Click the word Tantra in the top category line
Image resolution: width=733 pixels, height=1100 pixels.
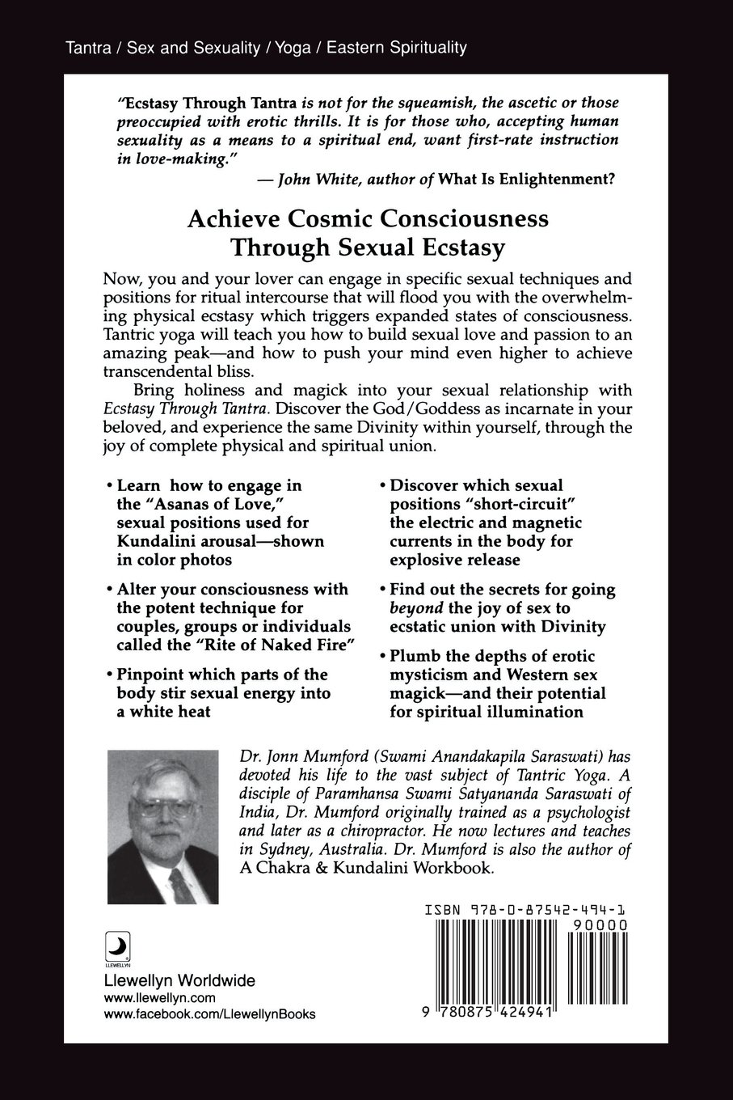coord(91,48)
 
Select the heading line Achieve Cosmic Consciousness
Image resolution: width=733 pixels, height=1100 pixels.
coord(368,219)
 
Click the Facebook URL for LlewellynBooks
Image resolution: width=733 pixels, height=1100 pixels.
coord(210,1015)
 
